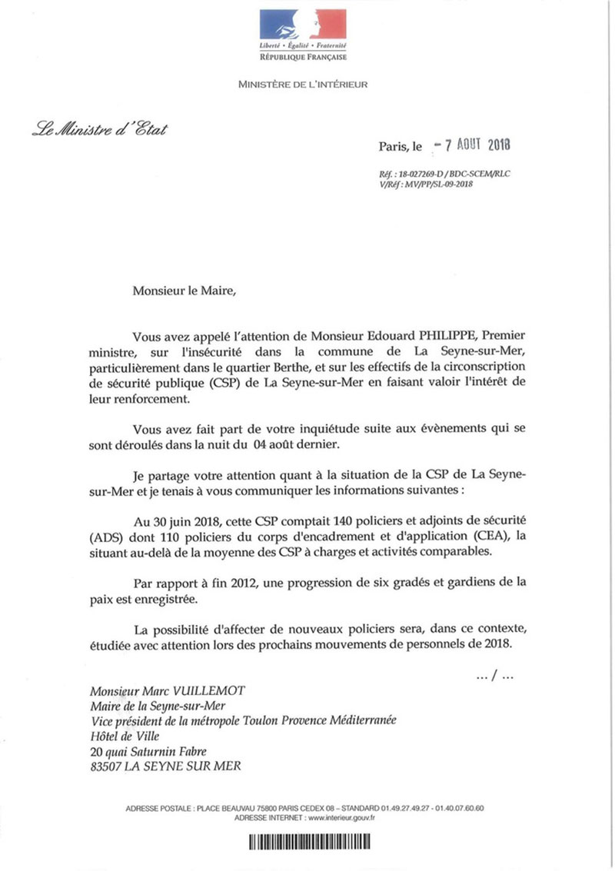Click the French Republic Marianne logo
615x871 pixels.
[x=302, y=25]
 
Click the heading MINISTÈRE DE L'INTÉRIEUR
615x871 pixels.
[x=303, y=84]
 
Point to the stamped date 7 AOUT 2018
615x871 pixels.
[x=474, y=144]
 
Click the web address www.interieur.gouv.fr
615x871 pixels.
[x=341, y=818]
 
